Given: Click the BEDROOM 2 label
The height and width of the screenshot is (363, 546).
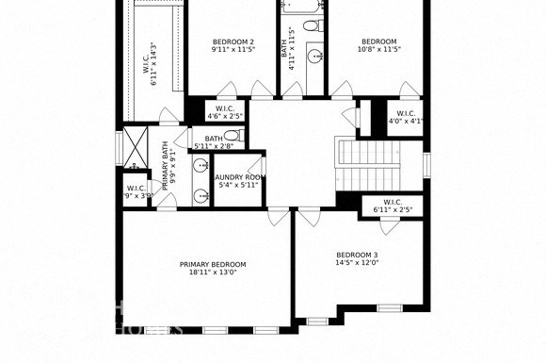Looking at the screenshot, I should [233, 41].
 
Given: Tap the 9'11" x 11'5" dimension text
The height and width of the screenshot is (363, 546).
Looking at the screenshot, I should [233, 50].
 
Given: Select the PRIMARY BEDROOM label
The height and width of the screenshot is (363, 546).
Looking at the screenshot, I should [213, 264].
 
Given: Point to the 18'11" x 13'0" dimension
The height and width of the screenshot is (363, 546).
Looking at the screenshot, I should [213, 272].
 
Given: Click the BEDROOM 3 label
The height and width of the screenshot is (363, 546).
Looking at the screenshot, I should [357, 255].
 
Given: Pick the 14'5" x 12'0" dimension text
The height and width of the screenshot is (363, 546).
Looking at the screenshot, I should [357, 263].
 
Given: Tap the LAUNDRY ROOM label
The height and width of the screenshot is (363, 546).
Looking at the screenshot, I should [238, 177].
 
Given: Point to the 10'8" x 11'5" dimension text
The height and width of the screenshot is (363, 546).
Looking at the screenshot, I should [379, 50].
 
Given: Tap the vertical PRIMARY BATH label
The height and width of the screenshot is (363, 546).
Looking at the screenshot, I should [165, 166].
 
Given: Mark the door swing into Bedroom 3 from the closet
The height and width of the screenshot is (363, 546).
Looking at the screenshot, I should [387, 226].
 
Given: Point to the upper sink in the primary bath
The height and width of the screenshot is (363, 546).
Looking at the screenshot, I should [201, 166].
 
